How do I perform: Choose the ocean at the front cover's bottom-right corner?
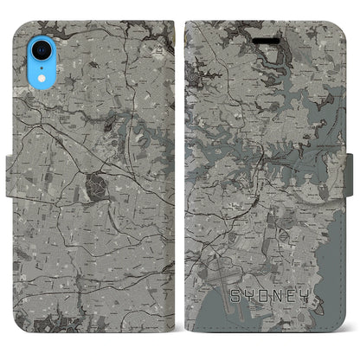[333, 333]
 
